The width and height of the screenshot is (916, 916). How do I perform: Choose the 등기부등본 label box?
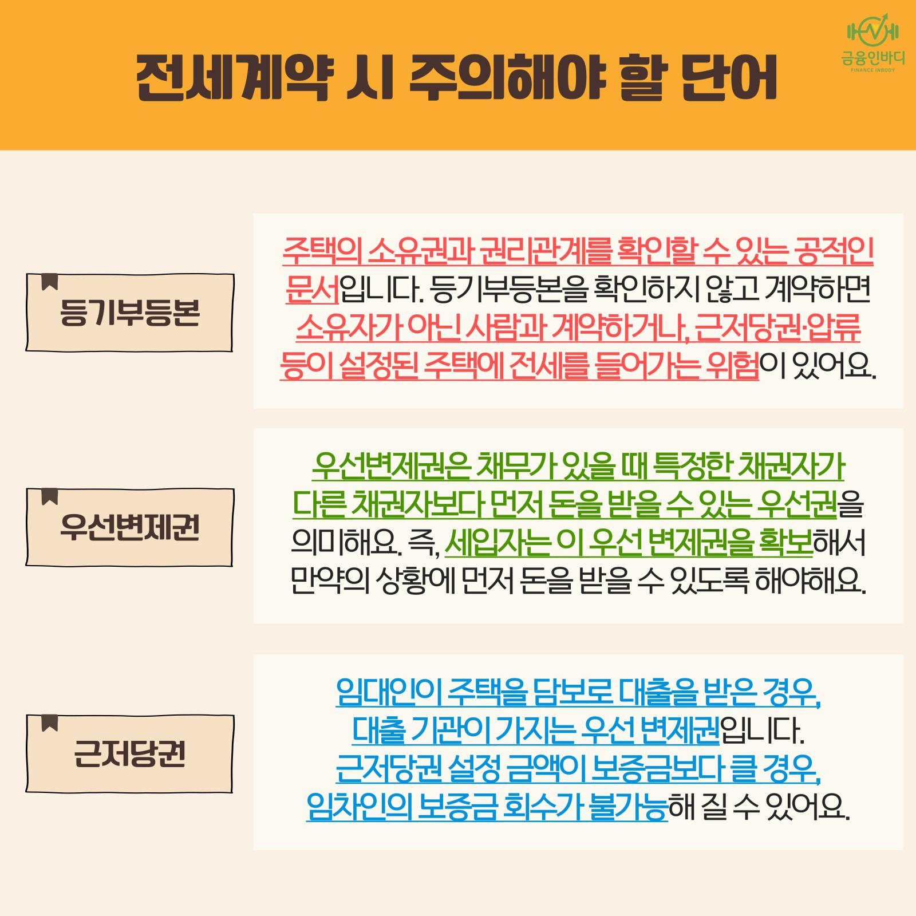tap(129, 313)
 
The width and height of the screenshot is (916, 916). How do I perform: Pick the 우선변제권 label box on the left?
tap(129, 527)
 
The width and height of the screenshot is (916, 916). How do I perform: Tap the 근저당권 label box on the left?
tap(129, 753)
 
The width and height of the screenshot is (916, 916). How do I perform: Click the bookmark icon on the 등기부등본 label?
tap(50, 282)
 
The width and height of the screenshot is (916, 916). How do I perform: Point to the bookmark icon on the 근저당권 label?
tap(50, 722)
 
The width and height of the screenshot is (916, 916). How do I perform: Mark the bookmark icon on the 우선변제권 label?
tap(50, 496)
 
